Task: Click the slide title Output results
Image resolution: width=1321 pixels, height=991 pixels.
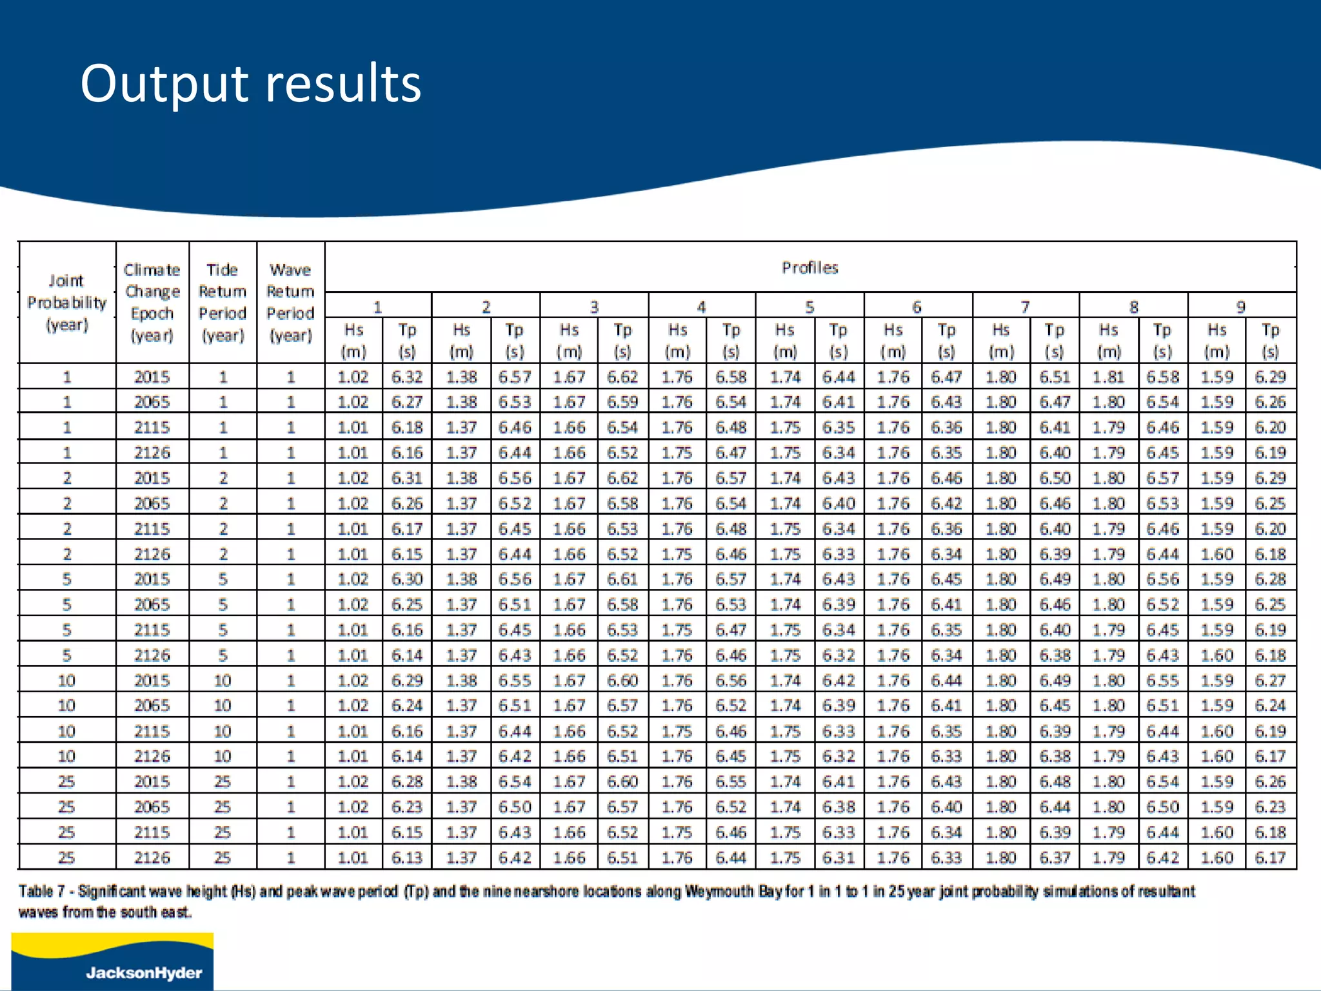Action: pos(250,84)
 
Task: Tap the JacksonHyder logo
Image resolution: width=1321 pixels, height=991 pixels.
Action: pos(112,961)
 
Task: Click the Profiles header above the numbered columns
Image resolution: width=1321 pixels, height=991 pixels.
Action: pos(809,268)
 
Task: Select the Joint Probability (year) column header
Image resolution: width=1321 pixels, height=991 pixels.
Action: pos(67,303)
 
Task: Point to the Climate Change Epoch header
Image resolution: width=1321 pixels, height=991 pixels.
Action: pos(152,303)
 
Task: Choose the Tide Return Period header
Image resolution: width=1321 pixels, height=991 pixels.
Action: pos(223,303)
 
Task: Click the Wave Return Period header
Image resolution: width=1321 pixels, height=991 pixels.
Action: pos(290,303)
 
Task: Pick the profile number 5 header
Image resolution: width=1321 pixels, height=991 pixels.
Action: pos(809,307)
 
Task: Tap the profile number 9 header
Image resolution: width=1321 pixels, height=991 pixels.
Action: pos(1240,307)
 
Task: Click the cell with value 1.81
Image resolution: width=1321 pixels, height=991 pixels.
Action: pos(1108,377)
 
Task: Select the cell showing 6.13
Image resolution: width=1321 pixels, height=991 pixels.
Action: pos(407,858)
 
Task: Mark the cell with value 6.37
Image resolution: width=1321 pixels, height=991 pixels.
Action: pos(1055,858)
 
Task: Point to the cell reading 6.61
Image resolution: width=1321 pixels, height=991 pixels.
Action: pos(622,579)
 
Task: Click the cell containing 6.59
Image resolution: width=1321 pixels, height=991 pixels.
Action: pos(622,402)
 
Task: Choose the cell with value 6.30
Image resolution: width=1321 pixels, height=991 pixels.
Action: pos(407,579)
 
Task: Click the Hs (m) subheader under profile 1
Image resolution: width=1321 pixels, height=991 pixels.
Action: pos(353,341)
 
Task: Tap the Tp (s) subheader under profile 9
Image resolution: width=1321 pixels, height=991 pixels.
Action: pos(1270,341)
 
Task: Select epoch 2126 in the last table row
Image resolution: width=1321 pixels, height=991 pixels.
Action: pos(152,858)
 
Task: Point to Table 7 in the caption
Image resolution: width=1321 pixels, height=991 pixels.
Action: pos(42,892)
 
